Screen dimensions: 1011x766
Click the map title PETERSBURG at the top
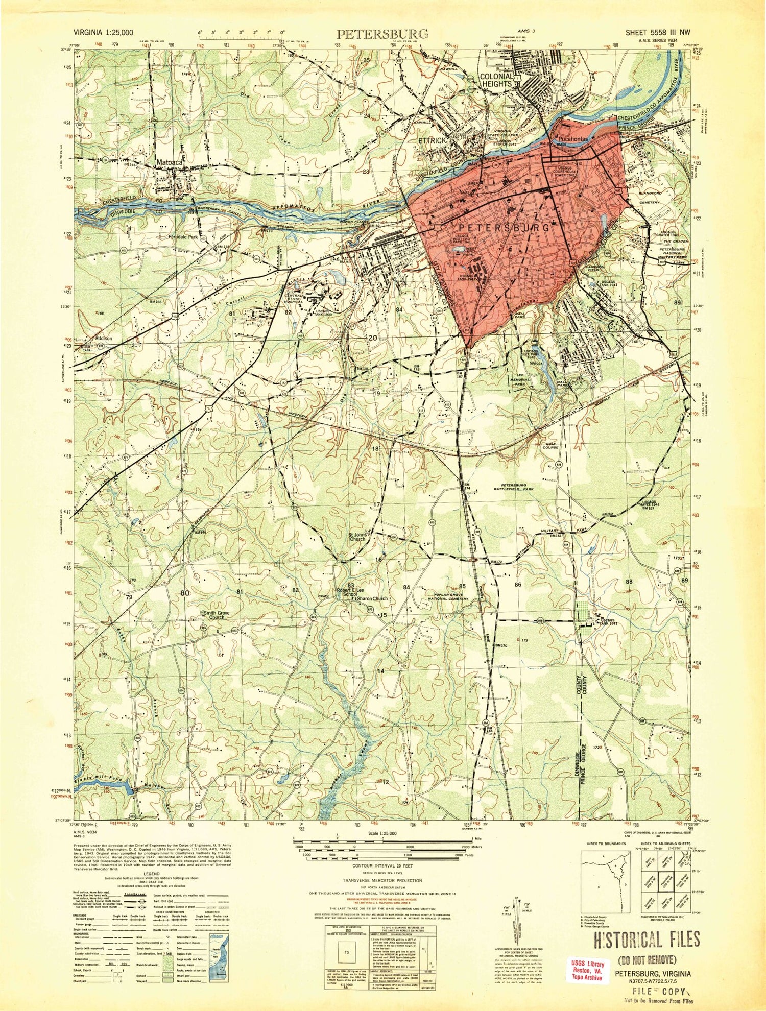[382, 34]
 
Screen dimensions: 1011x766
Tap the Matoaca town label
[170, 162]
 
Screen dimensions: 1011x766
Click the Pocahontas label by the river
[574, 139]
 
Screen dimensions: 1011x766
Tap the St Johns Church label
[357, 537]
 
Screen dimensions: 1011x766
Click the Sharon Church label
[372, 598]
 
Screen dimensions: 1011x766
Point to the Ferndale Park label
[183, 237]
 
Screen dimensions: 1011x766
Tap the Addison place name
[104, 338]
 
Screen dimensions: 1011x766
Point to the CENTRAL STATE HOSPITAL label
[294, 299]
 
